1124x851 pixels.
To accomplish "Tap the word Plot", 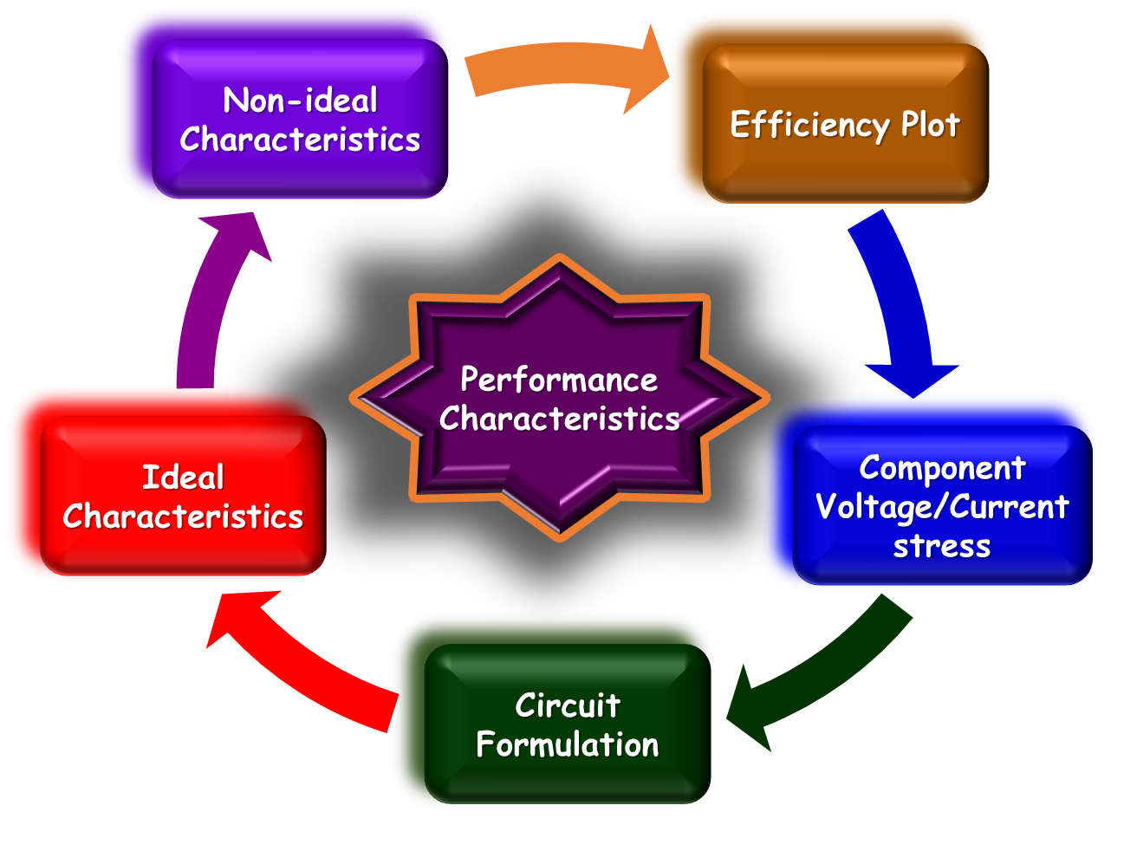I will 930,125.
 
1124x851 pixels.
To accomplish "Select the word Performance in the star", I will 559,380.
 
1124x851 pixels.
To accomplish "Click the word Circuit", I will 568,705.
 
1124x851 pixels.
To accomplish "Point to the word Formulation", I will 568,744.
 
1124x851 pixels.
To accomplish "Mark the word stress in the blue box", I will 942,546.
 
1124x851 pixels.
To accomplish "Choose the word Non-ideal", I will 300,101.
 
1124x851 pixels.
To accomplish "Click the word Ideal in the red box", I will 183,477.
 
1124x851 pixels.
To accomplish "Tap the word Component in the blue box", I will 942,468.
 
